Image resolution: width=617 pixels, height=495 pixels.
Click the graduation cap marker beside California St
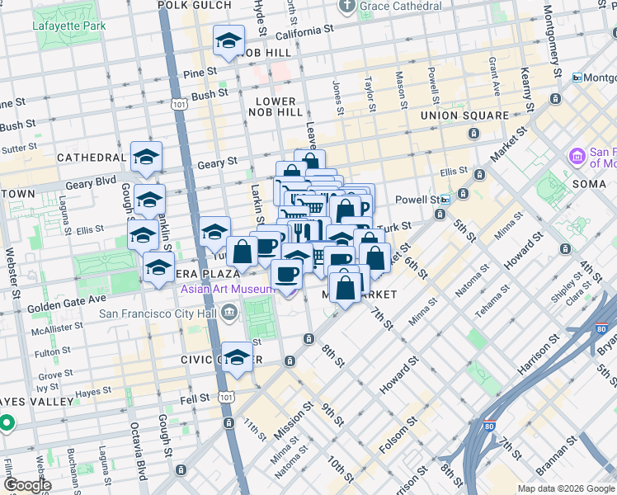click(x=228, y=41)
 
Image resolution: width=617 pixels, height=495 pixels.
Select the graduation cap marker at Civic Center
click(x=237, y=357)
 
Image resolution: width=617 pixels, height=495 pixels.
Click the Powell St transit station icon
click(x=445, y=200)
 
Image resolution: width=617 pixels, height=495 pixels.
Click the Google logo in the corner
click(x=26, y=485)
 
